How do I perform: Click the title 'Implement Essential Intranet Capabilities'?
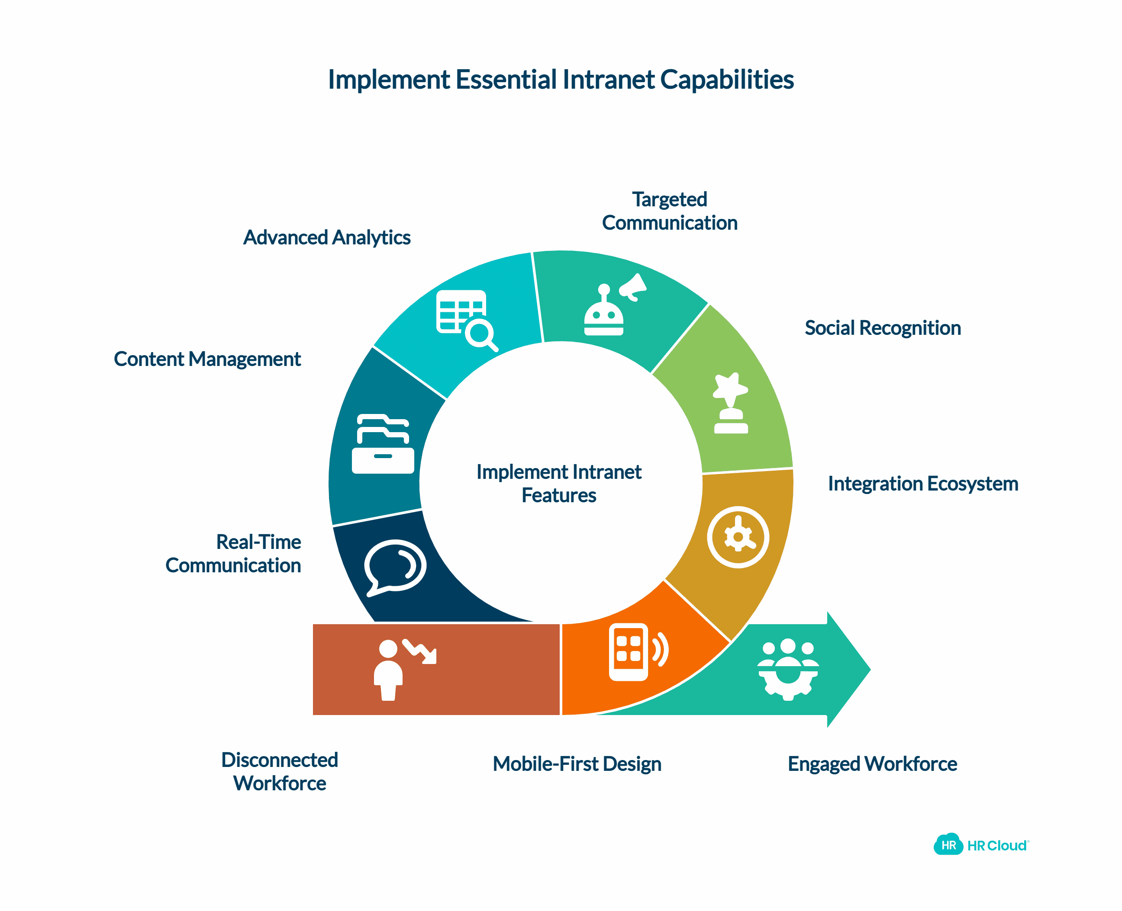pyautogui.click(x=560, y=80)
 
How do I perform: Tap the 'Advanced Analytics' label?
pyautogui.click(x=326, y=238)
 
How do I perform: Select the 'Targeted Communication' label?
pyautogui.click(x=669, y=211)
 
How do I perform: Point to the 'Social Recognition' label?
pyautogui.click(x=883, y=328)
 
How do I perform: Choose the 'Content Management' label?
pyautogui.click(x=207, y=359)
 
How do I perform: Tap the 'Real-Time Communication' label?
pyautogui.click(x=234, y=554)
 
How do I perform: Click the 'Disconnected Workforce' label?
pyautogui.click(x=279, y=771)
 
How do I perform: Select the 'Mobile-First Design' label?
pyautogui.click(x=577, y=764)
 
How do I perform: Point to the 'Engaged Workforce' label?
pyautogui.click(x=872, y=764)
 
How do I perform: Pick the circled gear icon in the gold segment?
pyautogui.click(x=738, y=537)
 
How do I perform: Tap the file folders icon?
pyautogui.click(x=383, y=444)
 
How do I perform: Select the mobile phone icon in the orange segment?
pyautogui.click(x=637, y=652)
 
